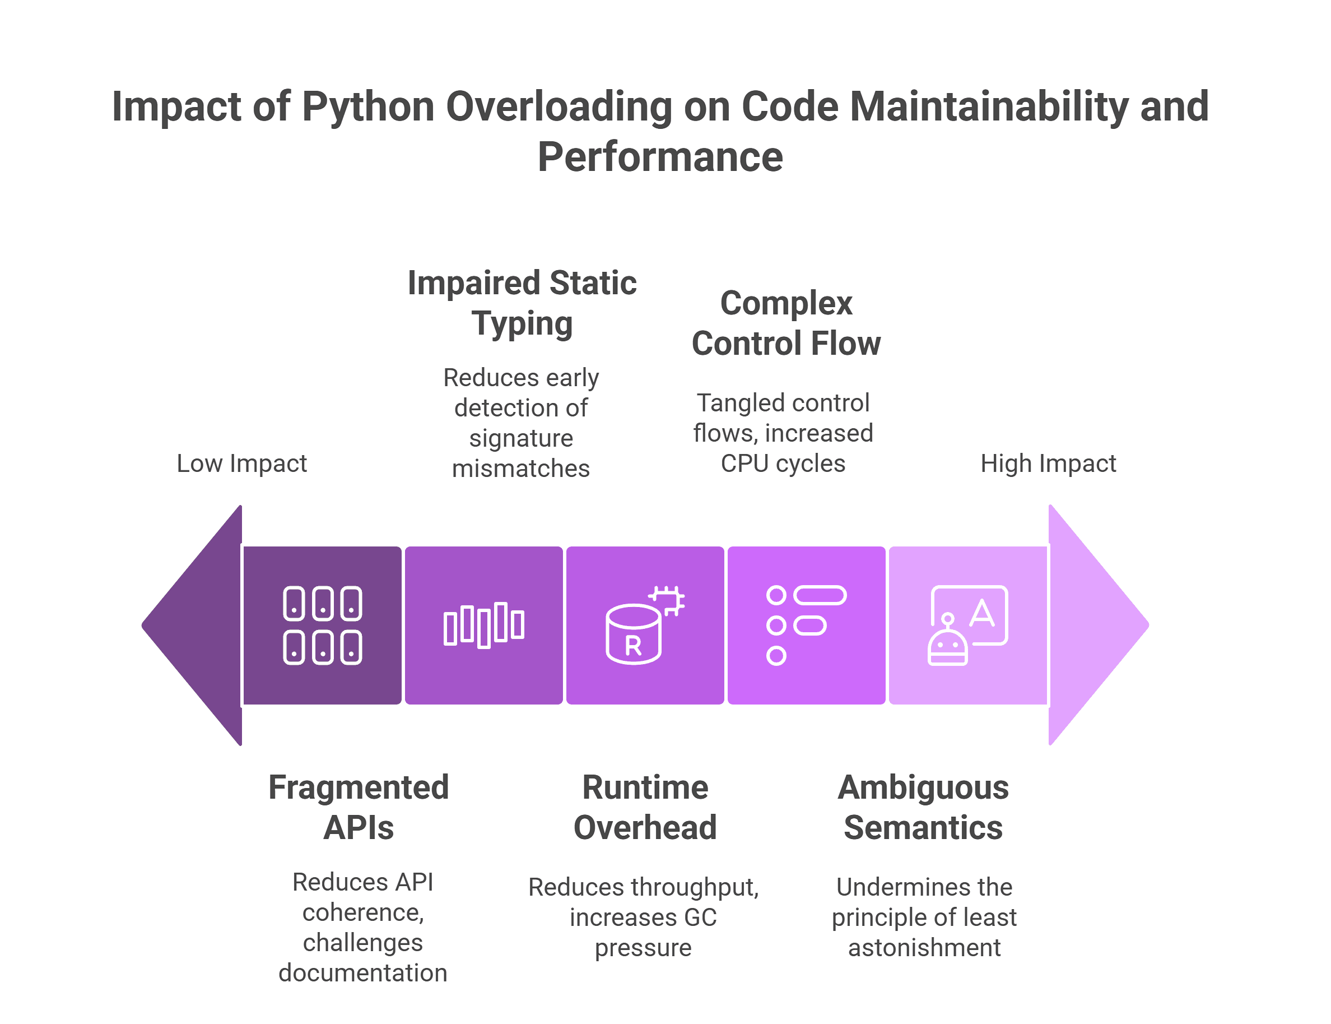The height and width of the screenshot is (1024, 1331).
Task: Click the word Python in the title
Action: click(367, 106)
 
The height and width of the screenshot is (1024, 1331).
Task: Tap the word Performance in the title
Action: click(660, 156)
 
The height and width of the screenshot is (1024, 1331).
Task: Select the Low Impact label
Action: click(241, 463)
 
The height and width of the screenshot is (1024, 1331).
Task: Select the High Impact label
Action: click(1048, 463)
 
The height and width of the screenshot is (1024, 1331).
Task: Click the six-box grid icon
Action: click(322, 625)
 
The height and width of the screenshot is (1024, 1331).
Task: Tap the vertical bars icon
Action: click(483, 625)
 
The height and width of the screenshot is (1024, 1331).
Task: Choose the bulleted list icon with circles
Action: click(806, 625)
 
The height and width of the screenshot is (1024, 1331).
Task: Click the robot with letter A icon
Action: click(967, 625)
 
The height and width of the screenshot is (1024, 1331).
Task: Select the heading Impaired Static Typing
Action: click(522, 303)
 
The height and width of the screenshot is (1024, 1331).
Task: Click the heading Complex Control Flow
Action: click(786, 323)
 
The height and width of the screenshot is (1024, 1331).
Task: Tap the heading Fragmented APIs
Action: click(359, 807)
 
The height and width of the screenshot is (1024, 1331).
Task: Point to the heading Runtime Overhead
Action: click(645, 807)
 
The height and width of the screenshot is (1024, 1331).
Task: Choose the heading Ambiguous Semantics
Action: click(923, 807)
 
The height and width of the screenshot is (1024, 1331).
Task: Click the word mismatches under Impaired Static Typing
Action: click(521, 468)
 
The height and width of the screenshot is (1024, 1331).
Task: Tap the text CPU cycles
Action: click(783, 463)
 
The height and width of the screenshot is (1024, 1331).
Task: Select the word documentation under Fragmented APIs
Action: click(362, 973)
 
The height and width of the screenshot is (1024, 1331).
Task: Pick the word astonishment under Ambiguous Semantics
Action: click(924, 948)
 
